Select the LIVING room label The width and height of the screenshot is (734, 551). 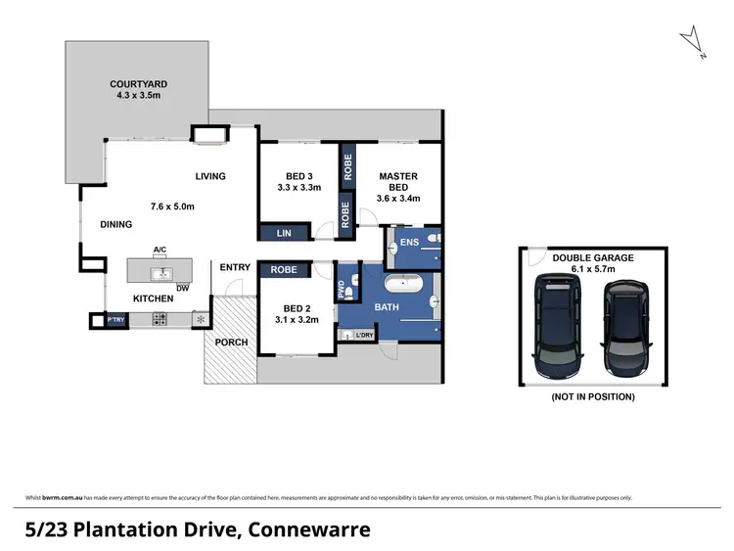tap(210, 177)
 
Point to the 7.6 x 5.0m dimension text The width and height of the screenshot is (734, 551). tap(173, 207)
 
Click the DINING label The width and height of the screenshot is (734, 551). tap(116, 225)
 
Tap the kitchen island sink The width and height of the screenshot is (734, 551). tap(160, 274)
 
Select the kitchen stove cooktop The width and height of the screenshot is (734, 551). tap(158, 320)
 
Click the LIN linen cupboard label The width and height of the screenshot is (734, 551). tap(284, 233)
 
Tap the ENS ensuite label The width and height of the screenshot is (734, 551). tap(410, 242)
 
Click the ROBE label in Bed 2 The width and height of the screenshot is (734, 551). tap(284, 269)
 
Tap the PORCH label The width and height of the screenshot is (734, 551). tap(232, 342)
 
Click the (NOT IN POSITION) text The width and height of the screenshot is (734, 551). tap(592, 396)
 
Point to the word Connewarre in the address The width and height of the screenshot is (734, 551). tap(311, 529)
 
